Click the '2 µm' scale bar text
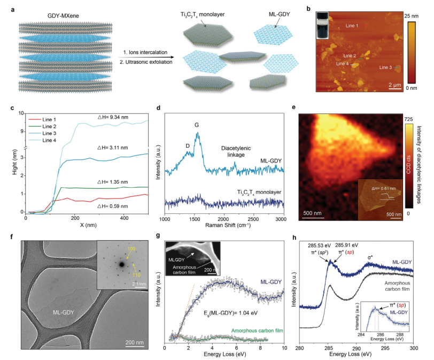click(x=395, y=85)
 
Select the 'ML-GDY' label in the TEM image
click(x=63, y=310)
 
